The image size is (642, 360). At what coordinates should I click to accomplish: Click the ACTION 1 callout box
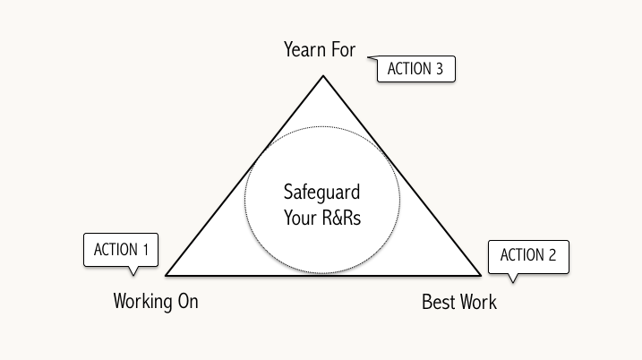tap(121, 250)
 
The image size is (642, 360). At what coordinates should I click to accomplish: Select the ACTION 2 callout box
tap(528, 255)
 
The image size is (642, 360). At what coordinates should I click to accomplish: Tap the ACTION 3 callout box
tap(416, 70)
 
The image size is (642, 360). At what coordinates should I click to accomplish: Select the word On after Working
tap(187, 301)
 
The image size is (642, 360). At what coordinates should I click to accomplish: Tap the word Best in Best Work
tap(438, 302)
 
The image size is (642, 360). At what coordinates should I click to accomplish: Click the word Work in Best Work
tap(477, 302)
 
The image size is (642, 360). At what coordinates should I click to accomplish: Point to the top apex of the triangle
tap(323, 76)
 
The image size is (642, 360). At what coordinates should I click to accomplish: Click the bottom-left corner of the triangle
tap(167, 273)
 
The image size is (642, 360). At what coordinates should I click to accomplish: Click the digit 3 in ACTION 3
tap(440, 70)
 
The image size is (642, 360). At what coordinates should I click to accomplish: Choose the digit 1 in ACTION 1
tap(144, 250)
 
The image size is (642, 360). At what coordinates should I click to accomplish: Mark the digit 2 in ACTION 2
tap(552, 255)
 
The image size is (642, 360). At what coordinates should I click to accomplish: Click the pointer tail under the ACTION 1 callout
tap(133, 270)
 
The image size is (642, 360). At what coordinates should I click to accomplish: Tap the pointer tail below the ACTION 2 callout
tap(512, 278)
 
